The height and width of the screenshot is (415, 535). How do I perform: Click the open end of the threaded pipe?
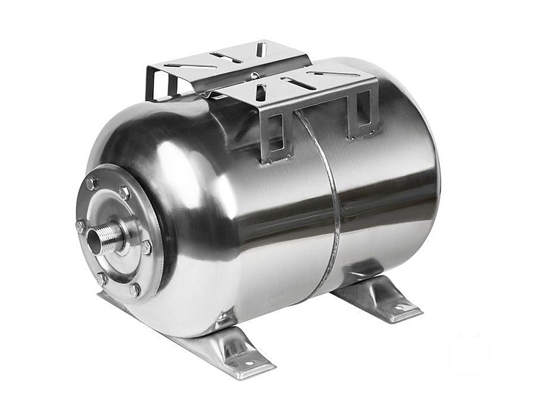pyautogui.click(x=95, y=240)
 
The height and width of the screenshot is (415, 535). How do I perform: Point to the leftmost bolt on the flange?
pyautogui.click(x=80, y=226)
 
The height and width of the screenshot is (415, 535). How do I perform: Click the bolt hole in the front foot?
pyautogui.click(x=246, y=362)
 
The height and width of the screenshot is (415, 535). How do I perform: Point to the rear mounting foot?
pyautogui.click(x=379, y=297)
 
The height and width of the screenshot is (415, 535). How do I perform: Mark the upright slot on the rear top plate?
pyautogui.click(x=261, y=49)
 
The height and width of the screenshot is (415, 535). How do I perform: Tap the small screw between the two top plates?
pyautogui.click(x=255, y=75)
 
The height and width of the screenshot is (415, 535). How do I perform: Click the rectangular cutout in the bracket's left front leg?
pyautogui.click(x=276, y=144)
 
